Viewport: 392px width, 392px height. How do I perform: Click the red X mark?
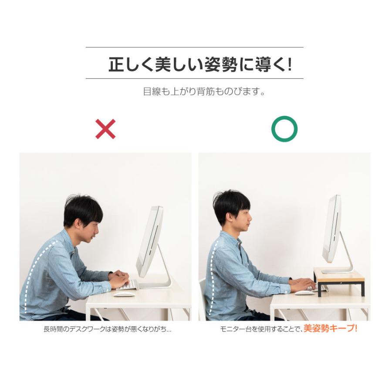(105, 129)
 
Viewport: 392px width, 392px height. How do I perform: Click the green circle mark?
(284, 129)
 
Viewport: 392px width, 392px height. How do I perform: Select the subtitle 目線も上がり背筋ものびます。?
(204, 92)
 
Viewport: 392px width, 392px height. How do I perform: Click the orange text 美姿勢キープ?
(330, 329)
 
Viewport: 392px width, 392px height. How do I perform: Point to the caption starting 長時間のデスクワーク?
(107, 329)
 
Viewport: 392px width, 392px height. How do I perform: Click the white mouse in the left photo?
(124, 294)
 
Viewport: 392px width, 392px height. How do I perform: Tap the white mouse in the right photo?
(304, 292)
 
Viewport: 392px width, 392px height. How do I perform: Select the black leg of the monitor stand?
(319, 289)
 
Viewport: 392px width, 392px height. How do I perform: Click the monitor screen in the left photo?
(149, 242)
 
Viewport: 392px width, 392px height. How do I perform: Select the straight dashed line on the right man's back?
(211, 279)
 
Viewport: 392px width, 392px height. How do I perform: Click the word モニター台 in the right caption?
(236, 329)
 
